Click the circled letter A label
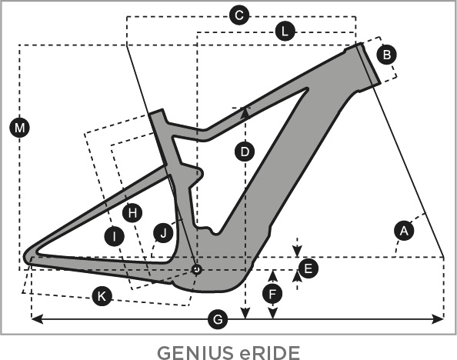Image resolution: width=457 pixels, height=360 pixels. pyautogui.click(x=404, y=231)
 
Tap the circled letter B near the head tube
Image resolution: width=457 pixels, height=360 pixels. pyautogui.click(x=387, y=55)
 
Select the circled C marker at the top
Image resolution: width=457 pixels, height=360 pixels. pyautogui.click(x=239, y=15)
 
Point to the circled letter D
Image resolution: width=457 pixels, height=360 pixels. pyautogui.click(x=245, y=152)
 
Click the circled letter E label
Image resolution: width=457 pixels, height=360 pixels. pyautogui.click(x=309, y=268)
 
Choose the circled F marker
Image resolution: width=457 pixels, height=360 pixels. pyautogui.click(x=272, y=294)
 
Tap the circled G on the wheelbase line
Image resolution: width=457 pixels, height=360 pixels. pyautogui.click(x=218, y=319)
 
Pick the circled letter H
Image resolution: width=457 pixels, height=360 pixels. pyautogui.click(x=132, y=213)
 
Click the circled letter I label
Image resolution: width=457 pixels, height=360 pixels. pyautogui.click(x=115, y=236)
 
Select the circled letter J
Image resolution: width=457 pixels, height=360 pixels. pyautogui.click(x=163, y=233)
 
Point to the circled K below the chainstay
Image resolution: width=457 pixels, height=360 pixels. pyautogui.click(x=102, y=296)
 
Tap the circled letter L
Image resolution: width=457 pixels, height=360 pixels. pyautogui.click(x=285, y=32)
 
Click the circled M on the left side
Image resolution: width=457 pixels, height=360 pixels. pyautogui.click(x=19, y=128)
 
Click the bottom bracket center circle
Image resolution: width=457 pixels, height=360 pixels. pyautogui.click(x=197, y=269)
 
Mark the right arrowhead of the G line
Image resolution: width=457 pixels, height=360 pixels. pyautogui.click(x=438, y=319)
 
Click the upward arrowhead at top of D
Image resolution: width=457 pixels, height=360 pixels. pyautogui.click(x=245, y=113)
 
